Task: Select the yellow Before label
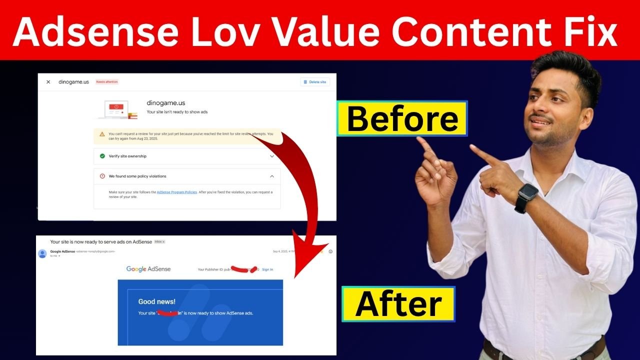click(x=402, y=119)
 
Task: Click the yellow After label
click(x=398, y=304)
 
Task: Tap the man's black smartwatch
click(x=526, y=197)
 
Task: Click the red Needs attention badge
click(x=107, y=81)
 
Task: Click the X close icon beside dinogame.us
click(x=48, y=82)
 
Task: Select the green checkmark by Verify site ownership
click(x=102, y=156)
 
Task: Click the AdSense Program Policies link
click(x=177, y=192)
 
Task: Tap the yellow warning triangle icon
click(x=102, y=134)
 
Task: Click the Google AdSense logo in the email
click(x=148, y=269)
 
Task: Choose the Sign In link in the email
click(x=267, y=269)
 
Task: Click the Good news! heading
click(x=156, y=301)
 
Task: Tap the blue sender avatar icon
click(x=42, y=253)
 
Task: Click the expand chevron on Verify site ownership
click(x=272, y=156)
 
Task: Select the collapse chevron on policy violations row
click(x=272, y=176)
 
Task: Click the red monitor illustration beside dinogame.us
click(x=116, y=108)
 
